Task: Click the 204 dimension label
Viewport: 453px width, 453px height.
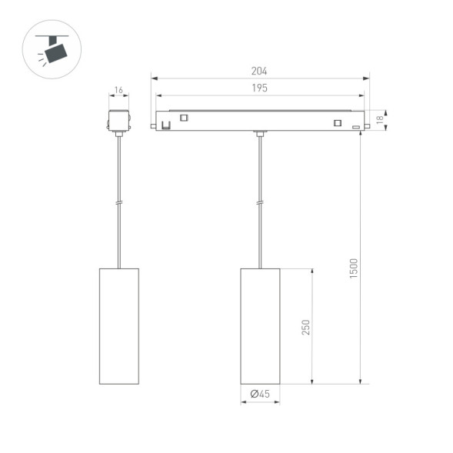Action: [259, 71]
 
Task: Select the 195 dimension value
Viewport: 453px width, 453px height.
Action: [259, 88]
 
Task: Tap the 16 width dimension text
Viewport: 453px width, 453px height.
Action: [118, 91]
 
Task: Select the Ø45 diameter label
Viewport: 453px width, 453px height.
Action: [260, 395]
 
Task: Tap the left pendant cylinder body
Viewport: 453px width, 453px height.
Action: [118, 325]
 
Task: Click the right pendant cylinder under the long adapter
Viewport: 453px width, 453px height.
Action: [260, 325]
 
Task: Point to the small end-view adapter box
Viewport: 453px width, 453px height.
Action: [118, 122]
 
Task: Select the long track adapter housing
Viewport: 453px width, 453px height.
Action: [260, 121]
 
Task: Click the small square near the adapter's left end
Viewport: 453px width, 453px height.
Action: [184, 118]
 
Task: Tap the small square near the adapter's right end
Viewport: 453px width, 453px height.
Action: [337, 122]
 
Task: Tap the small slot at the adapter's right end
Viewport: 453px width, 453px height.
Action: [355, 126]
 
